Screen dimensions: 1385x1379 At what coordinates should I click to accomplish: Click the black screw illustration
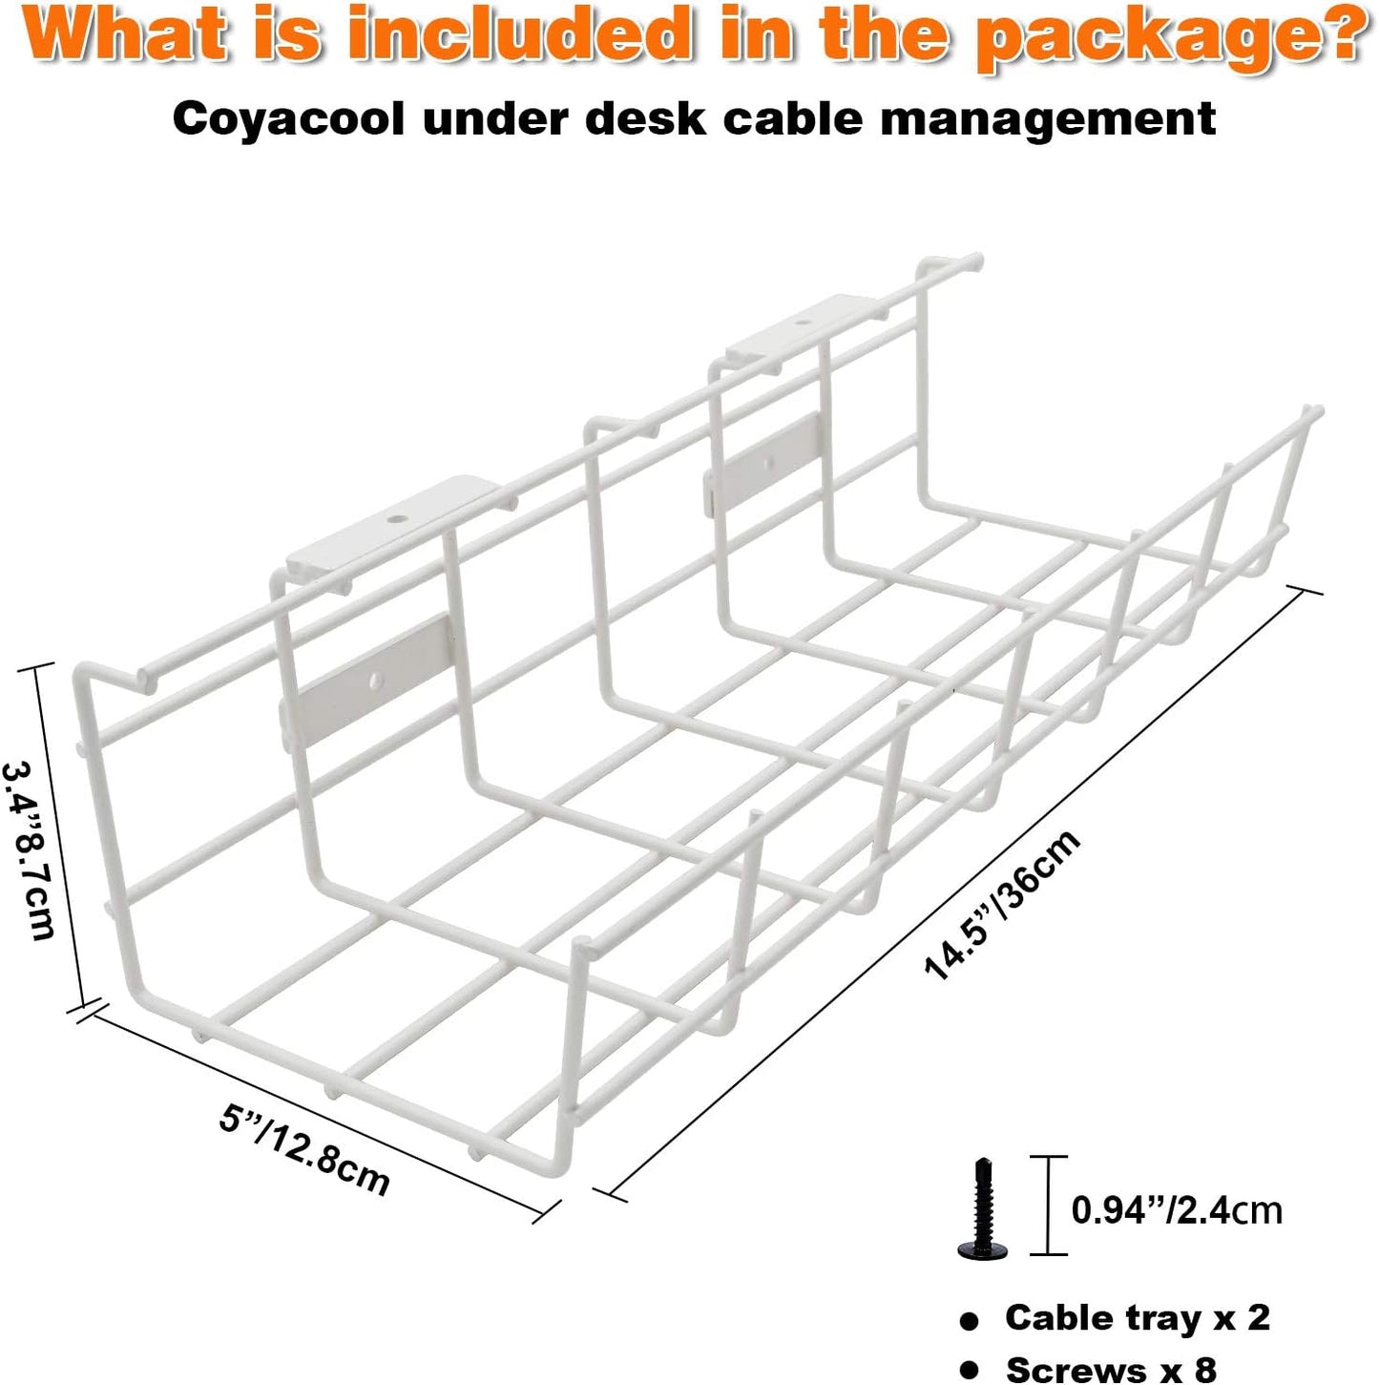tap(981, 1208)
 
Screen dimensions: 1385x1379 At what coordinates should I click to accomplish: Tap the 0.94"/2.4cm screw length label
tap(1177, 1210)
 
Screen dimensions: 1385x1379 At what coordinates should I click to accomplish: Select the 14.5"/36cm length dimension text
tap(1002, 905)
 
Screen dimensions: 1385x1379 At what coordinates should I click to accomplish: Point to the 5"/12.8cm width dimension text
tap(304, 1149)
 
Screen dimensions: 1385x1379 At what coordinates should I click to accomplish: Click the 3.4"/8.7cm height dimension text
tap(29, 850)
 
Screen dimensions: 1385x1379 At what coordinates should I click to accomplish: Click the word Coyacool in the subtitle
tap(288, 120)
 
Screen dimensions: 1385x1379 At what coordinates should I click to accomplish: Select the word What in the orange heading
tap(130, 34)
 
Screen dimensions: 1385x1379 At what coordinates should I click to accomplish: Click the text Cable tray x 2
tap(1137, 1318)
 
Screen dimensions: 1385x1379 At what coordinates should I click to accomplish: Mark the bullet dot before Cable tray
tap(970, 1321)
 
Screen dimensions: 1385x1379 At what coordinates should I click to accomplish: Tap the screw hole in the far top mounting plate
tap(800, 325)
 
